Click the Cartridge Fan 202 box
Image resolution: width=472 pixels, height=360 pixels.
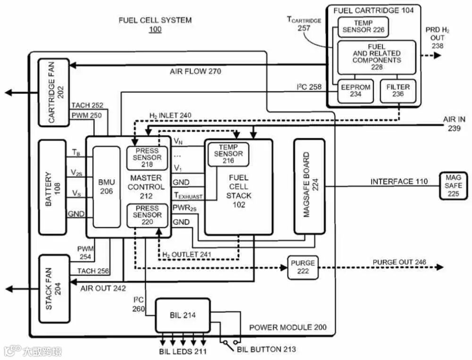click(x=53, y=92)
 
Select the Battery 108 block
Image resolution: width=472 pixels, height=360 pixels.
click(x=53, y=187)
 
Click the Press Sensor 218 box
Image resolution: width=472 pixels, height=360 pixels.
click(x=147, y=158)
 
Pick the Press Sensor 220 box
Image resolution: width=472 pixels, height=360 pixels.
click(x=147, y=215)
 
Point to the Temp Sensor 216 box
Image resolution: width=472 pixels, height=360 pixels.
click(x=228, y=154)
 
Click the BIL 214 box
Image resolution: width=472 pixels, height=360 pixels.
click(x=183, y=315)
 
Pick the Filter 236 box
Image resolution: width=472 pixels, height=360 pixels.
click(x=398, y=91)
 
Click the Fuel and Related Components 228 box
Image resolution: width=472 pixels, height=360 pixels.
click(x=376, y=57)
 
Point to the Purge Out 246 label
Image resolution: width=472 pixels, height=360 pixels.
click(x=399, y=262)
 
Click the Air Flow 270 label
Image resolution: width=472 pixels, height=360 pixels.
click(x=195, y=72)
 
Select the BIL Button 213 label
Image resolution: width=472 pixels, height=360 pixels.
click(x=266, y=349)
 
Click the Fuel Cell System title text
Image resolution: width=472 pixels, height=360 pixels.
click(x=155, y=20)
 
